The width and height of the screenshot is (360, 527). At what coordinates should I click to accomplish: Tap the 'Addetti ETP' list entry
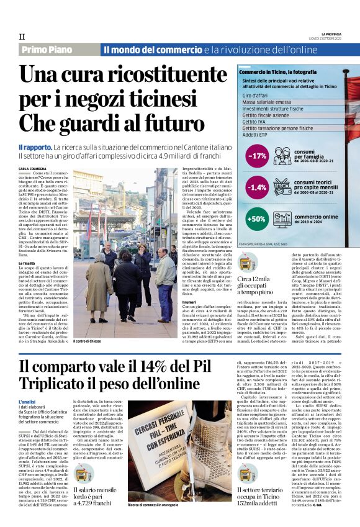(256, 134)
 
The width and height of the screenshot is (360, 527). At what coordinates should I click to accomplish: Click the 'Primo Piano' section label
(46, 49)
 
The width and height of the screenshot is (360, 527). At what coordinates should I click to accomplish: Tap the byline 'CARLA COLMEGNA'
(32, 168)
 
